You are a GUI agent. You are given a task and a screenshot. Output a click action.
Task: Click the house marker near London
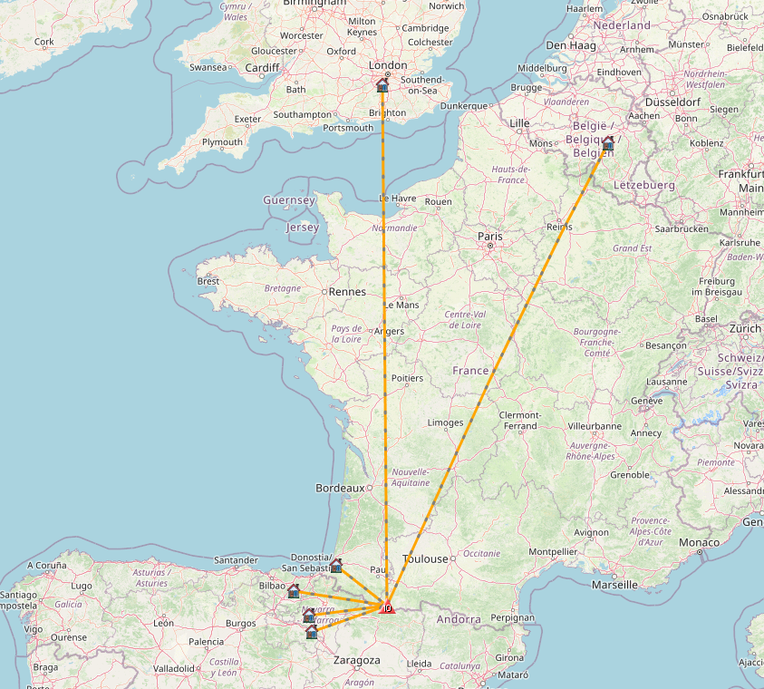(x=382, y=85)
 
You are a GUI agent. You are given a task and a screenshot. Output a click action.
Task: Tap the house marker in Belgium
(x=607, y=142)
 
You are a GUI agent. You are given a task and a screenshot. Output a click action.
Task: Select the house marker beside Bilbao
(x=293, y=591)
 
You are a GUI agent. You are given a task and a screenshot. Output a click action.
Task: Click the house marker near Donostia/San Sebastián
(x=336, y=566)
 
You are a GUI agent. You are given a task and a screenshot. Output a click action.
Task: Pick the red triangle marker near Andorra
(x=388, y=608)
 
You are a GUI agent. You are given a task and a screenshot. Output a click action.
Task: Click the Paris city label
(x=488, y=237)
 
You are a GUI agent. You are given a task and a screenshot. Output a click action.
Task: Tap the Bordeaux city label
(x=340, y=488)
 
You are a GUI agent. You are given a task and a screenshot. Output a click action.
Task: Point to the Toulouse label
(x=426, y=559)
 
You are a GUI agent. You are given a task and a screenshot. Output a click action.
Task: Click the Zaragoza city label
(x=358, y=660)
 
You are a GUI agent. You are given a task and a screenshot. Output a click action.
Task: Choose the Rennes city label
(x=348, y=292)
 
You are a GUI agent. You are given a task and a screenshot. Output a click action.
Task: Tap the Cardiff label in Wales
(x=263, y=67)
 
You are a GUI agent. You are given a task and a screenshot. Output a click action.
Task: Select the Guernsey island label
(x=289, y=199)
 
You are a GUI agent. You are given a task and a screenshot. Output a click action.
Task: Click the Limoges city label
(x=445, y=422)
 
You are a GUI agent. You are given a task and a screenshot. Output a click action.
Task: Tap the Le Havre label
(x=397, y=198)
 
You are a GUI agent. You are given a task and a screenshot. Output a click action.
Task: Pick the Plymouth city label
(x=222, y=142)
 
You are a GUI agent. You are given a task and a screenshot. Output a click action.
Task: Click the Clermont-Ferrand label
(x=520, y=421)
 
